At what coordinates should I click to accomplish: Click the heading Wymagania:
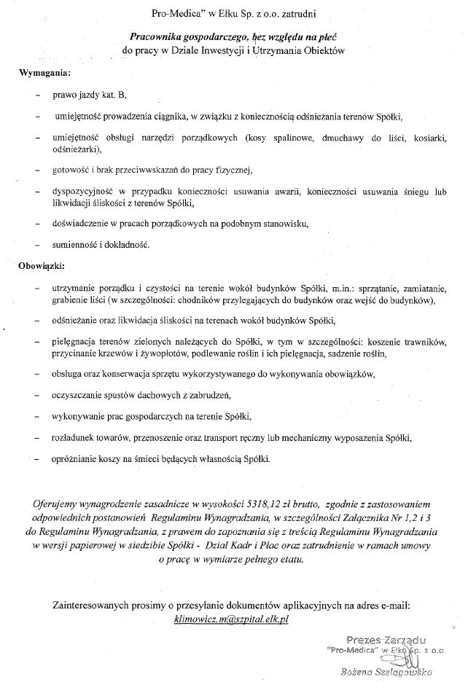[44, 74]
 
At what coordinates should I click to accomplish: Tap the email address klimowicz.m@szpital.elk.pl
[232, 617]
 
